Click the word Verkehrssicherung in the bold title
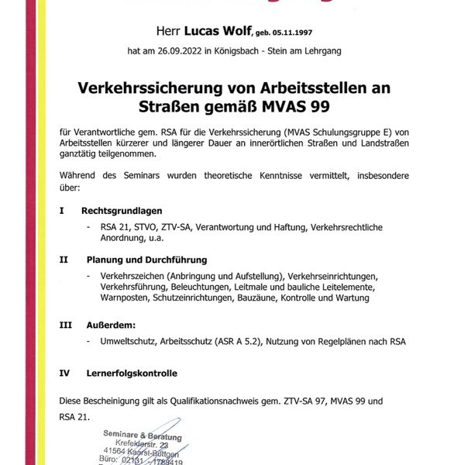[x=153, y=88]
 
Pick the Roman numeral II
[x=63, y=260]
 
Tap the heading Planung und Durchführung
[x=146, y=260]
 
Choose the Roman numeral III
[x=65, y=325]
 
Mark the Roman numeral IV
[x=64, y=373]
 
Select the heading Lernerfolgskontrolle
[x=132, y=373]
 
